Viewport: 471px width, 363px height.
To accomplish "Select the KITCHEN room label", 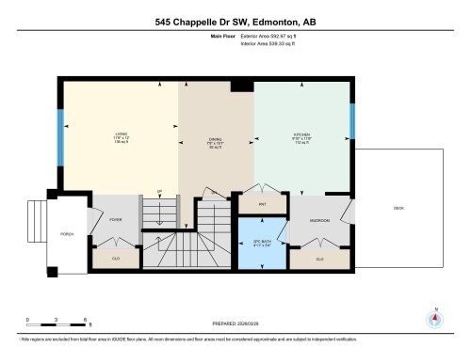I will pyautogui.click(x=301, y=134).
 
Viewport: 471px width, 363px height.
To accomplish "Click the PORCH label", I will pyautogui.click(x=67, y=233).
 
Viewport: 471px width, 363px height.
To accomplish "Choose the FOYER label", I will pyautogui.click(x=116, y=219).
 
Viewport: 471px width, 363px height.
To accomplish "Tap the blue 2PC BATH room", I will pyautogui.click(x=261, y=243).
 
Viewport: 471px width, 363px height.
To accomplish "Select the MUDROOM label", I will pyautogui.click(x=319, y=223).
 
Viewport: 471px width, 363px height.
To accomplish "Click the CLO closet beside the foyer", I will pyautogui.click(x=116, y=257).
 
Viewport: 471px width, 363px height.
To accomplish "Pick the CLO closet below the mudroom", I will pyautogui.click(x=319, y=257).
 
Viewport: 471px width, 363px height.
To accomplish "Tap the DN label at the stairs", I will pyautogui.click(x=214, y=192).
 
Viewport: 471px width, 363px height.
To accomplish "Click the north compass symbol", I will pyautogui.click(x=434, y=318).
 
